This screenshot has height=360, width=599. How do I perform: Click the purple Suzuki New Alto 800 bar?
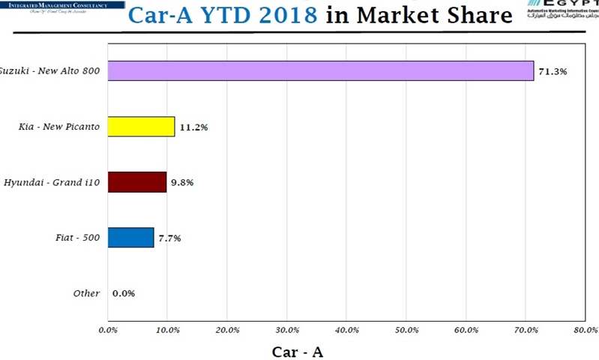(321, 71)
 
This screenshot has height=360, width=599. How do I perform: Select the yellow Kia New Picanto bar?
(141, 127)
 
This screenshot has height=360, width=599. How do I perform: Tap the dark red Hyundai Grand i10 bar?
(137, 182)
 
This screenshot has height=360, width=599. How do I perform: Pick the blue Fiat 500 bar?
(130, 238)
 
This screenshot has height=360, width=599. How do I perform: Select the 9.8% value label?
(181, 182)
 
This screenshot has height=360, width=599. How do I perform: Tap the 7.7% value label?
(169, 238)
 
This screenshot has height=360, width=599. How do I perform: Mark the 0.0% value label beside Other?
(124, 293)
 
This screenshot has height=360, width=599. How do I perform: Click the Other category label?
(86, 293)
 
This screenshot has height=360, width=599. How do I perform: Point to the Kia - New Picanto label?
(59, 127)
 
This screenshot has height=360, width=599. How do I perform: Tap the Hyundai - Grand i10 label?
(52, 182)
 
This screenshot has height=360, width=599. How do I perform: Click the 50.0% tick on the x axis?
(406, 329)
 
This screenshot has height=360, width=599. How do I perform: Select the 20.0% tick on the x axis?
(227, 329)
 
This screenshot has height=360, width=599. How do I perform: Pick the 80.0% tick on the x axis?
(585, 329)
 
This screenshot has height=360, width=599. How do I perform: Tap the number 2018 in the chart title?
(281, 14)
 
